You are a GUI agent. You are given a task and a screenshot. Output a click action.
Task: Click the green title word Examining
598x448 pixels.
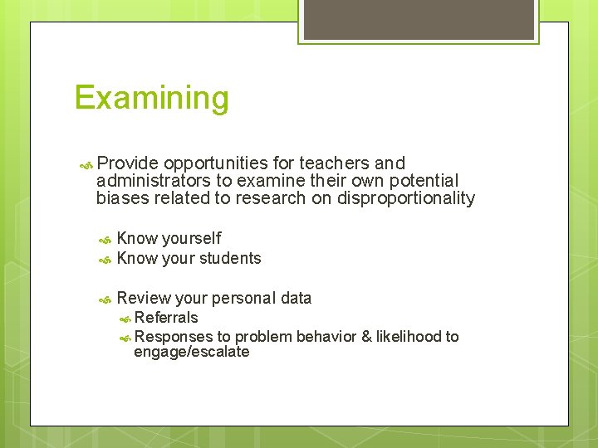click(x=151, y=99)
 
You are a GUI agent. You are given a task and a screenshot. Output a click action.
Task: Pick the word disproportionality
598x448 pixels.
click(x=405, y=198)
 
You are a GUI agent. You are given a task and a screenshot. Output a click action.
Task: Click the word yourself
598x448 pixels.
click(x=191, y=239)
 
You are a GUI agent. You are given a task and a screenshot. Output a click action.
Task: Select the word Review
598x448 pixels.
click(x=144, y=298)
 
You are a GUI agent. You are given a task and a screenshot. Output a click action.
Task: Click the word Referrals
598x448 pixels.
click(x=166, y=317)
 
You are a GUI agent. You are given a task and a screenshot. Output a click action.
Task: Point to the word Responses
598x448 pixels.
click(x=173, y=336)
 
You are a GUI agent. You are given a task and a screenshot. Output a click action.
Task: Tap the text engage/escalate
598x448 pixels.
click(x=191, y=352)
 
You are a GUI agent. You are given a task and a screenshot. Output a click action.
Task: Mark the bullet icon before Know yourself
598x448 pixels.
click(x=105, y=240)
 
